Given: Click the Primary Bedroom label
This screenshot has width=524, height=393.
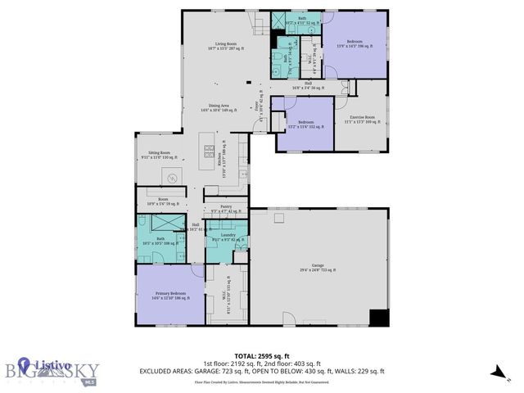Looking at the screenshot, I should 165,293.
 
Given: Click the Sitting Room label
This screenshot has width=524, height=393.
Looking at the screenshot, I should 155,153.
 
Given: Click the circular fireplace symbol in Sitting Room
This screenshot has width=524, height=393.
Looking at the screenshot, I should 173,178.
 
